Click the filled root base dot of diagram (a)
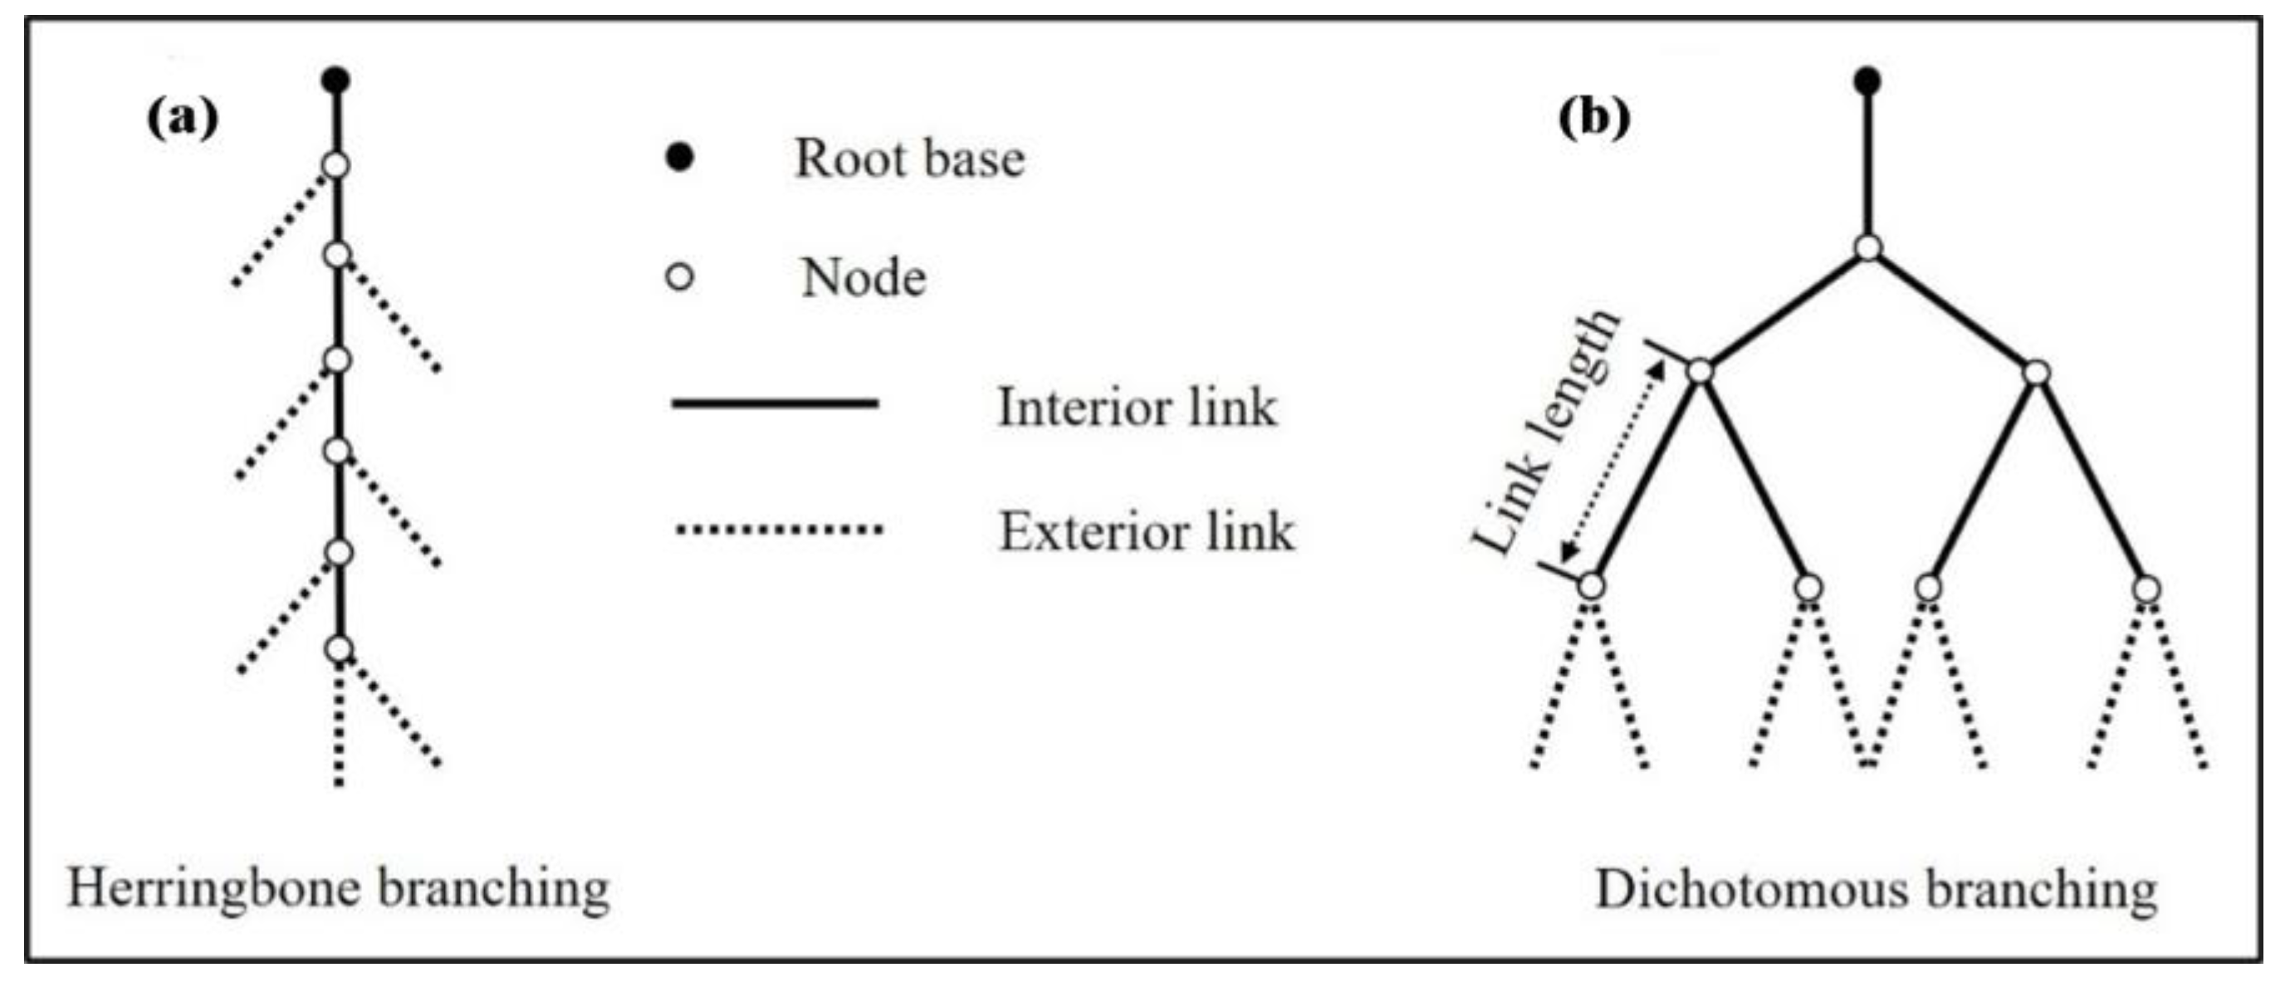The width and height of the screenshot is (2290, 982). point(336,80)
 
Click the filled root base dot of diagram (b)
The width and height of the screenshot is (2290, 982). point(1867,81)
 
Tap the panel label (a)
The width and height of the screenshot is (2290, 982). point(182,118)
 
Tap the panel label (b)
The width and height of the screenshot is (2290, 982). point(1595,118)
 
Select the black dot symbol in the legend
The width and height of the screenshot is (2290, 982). point(680,159)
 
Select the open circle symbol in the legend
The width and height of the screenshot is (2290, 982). point(680,277)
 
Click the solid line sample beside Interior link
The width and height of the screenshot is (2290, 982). point(776,404)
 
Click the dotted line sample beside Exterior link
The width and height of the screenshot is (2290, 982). point(779,530)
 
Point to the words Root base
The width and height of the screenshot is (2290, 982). point(908,159)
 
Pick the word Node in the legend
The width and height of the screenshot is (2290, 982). point(864,278)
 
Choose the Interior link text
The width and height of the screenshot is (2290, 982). point(1137,408)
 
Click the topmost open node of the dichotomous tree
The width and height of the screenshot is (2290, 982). point(1867,248)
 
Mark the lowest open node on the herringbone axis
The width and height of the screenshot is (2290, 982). point(339,650)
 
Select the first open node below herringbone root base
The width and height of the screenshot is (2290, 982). point(336,165)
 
